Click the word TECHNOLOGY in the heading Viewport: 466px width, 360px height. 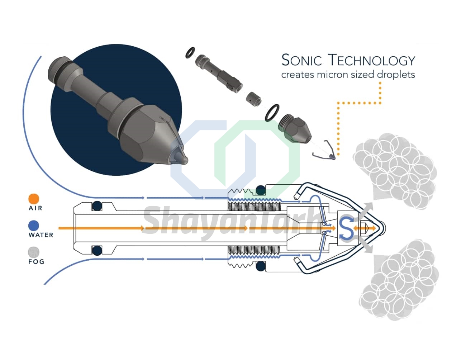pos(372,60)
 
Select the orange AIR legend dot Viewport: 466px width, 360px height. pos(34,199)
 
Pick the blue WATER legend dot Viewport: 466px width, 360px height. pos(34,226)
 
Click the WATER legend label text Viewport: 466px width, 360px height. pos(41,235)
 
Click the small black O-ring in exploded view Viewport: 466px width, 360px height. pos(191,52)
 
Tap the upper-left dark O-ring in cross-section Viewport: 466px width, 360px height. pos(97,205)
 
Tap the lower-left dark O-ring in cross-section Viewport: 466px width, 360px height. pos(97,250)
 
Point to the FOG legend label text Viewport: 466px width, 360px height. pos(37,262)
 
